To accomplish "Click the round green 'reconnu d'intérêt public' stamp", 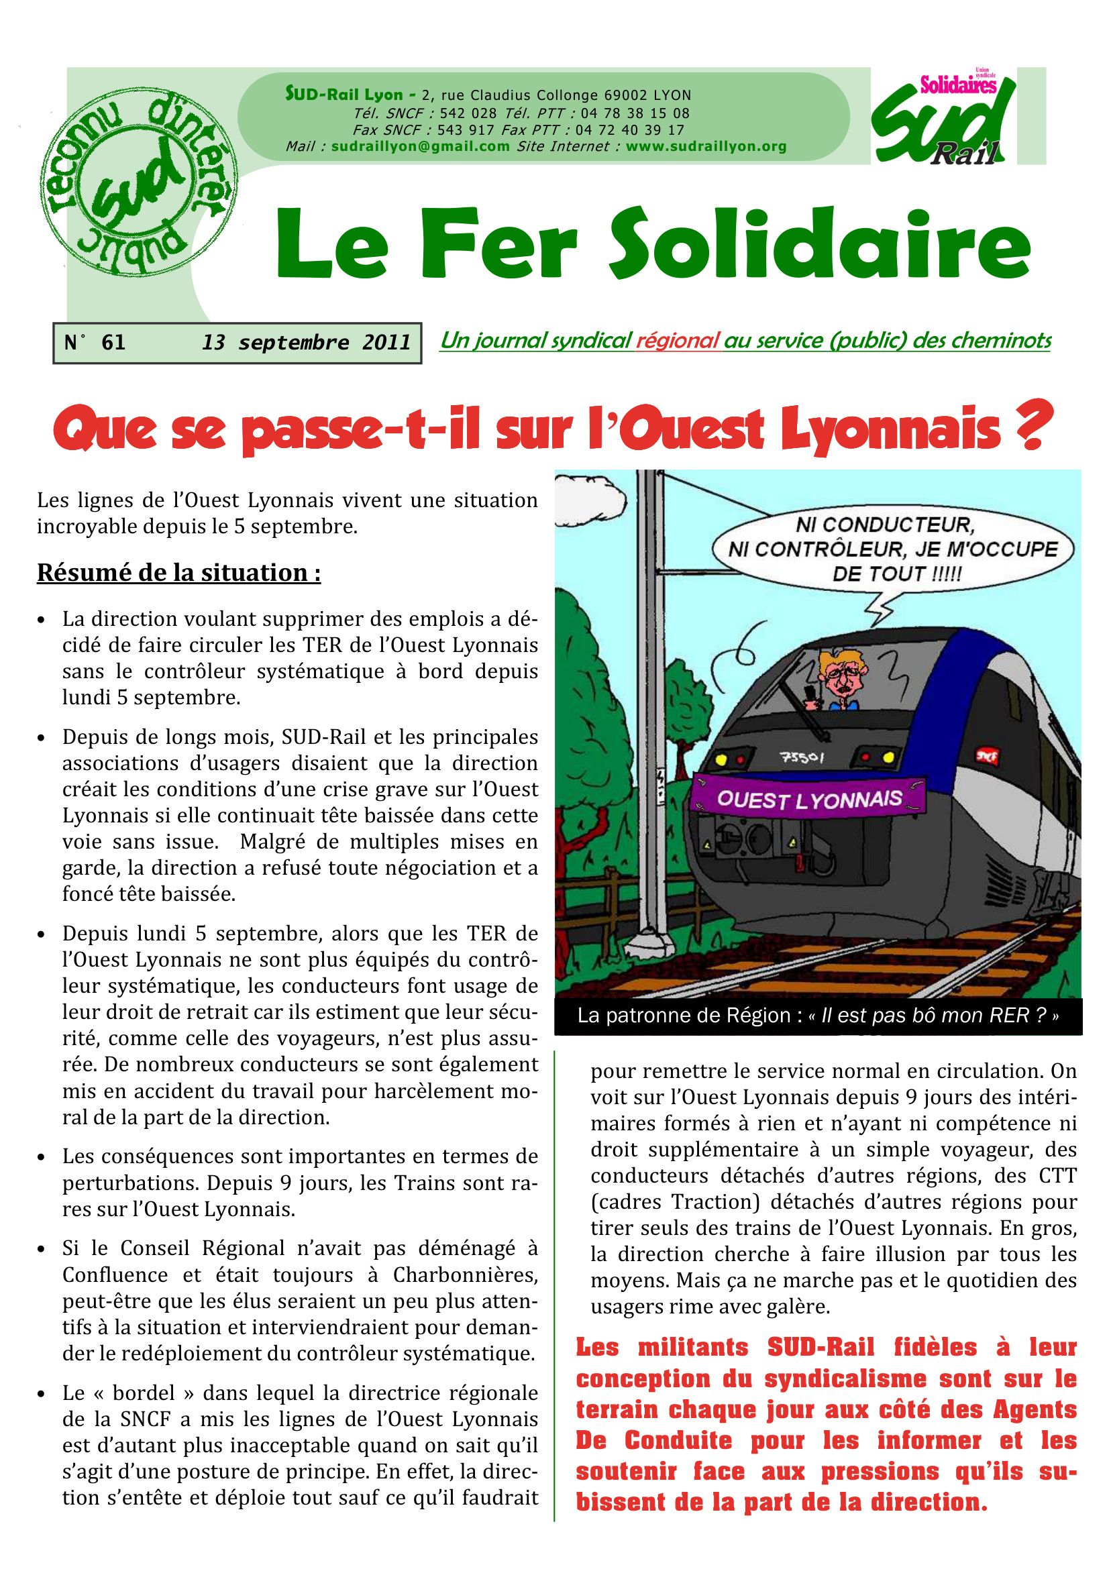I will point(139,182).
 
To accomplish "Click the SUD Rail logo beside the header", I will point(944,118).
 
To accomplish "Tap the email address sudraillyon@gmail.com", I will point(420,146).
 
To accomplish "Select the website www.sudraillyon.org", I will point(706,146).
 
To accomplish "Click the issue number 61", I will point(113,342).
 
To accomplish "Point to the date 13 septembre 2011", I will point(306,342).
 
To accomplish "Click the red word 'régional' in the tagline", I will point(677,340).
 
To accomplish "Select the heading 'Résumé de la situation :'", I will point(179,573).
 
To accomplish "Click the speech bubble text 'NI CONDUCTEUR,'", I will point(885,525).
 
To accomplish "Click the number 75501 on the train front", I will point(802,757).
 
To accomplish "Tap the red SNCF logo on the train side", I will point(987,756).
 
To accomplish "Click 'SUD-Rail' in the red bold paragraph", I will point(820,1348).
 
